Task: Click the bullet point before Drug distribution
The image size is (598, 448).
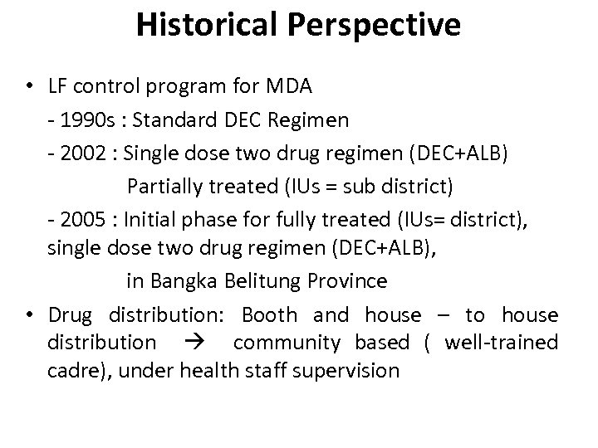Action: click(x=29, y=315)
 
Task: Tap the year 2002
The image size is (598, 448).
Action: click(x=83, y=148)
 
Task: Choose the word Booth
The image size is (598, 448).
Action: click(x=269, y=315)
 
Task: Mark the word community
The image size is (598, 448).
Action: click(x=287, y=343)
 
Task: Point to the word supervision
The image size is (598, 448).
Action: click(x=346, y=371)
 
